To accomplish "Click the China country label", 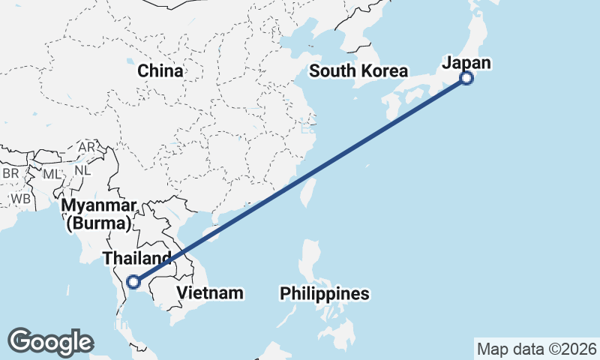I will coord(160,71).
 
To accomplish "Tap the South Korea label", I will coord(358,71).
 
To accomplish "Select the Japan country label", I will coord(466,63).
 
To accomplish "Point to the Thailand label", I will coord(142,258).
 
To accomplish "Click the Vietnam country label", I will coord(210,292).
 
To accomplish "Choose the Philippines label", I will coord(325,293).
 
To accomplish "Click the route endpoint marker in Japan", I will coord(466,77).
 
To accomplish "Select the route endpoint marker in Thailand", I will coord(133,282).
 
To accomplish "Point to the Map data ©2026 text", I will coord(536,349).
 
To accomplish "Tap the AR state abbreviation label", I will coord(87,148).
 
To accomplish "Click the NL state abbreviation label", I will coord(82,169).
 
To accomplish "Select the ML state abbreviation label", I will coord(51,174).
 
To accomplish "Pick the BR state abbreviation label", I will coord(10,173).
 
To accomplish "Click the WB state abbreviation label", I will coord(20,199).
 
